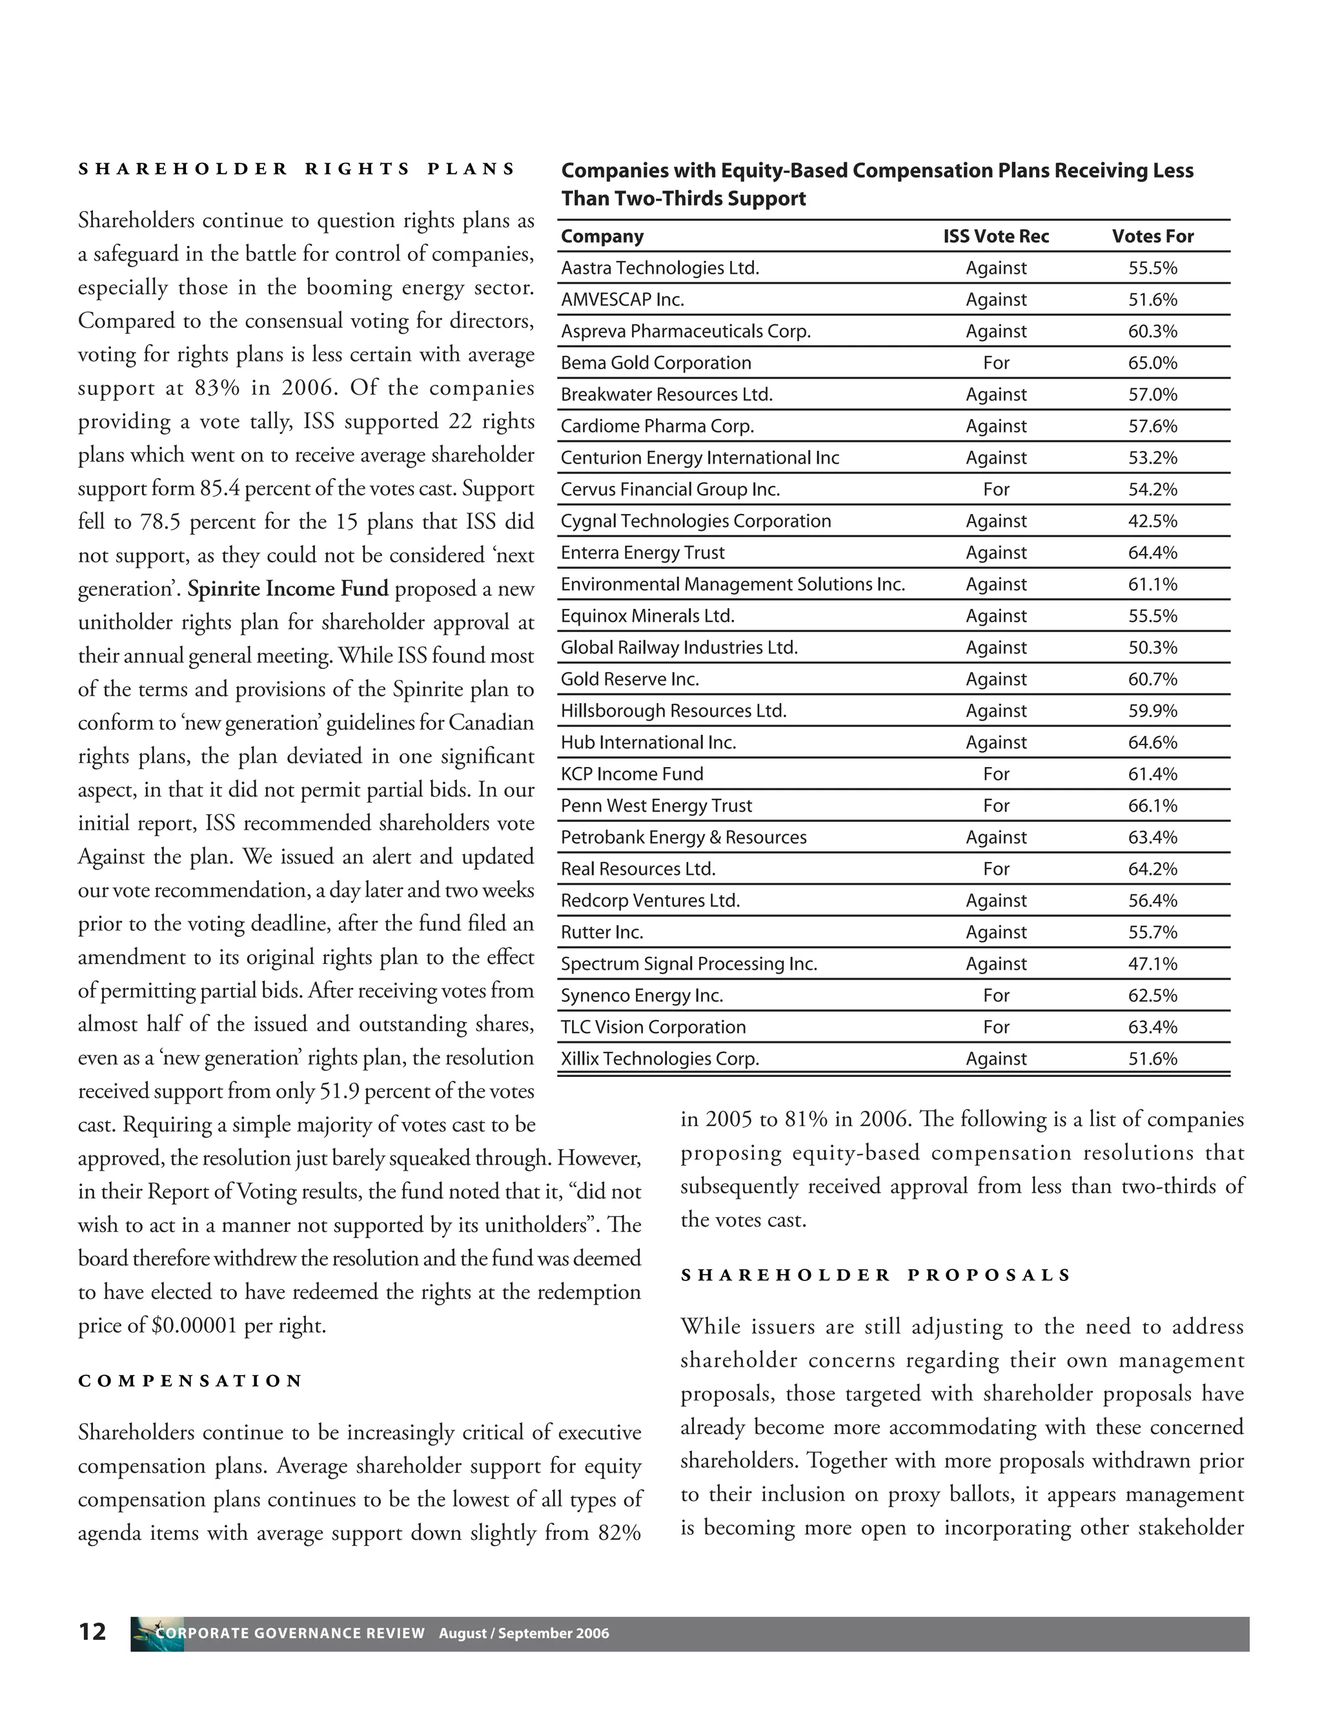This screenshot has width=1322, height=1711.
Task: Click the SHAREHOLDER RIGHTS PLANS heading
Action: coord(297,169)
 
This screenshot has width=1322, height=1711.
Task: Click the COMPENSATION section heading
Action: coord(190,1380)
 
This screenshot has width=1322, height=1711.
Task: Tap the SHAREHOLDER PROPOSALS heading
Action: coord(875,1275)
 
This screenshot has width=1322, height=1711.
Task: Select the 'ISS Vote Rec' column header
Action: coord(995,236)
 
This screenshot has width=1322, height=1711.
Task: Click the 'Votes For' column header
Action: coord(1152,236)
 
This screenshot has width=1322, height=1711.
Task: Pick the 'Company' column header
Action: coord(602,236)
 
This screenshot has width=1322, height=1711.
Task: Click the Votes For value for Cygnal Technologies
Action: coord(1152,521)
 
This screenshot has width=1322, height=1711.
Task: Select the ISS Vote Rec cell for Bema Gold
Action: coord(995,363)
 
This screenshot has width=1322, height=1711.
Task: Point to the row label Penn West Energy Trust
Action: coord(656,805)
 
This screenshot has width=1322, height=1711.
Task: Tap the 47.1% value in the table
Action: coord(1152,963)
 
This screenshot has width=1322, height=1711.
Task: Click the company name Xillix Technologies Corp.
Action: coord(660,1058)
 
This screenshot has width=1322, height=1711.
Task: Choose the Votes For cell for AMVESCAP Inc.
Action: coord(1152,300)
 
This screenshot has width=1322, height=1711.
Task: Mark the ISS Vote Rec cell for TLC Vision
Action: coord(995,1027)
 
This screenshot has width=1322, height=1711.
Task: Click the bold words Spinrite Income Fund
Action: coord(287,588)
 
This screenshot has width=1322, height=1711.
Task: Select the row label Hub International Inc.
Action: coord(649,742)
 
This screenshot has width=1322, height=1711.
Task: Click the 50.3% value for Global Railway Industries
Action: coord(1152,647)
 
